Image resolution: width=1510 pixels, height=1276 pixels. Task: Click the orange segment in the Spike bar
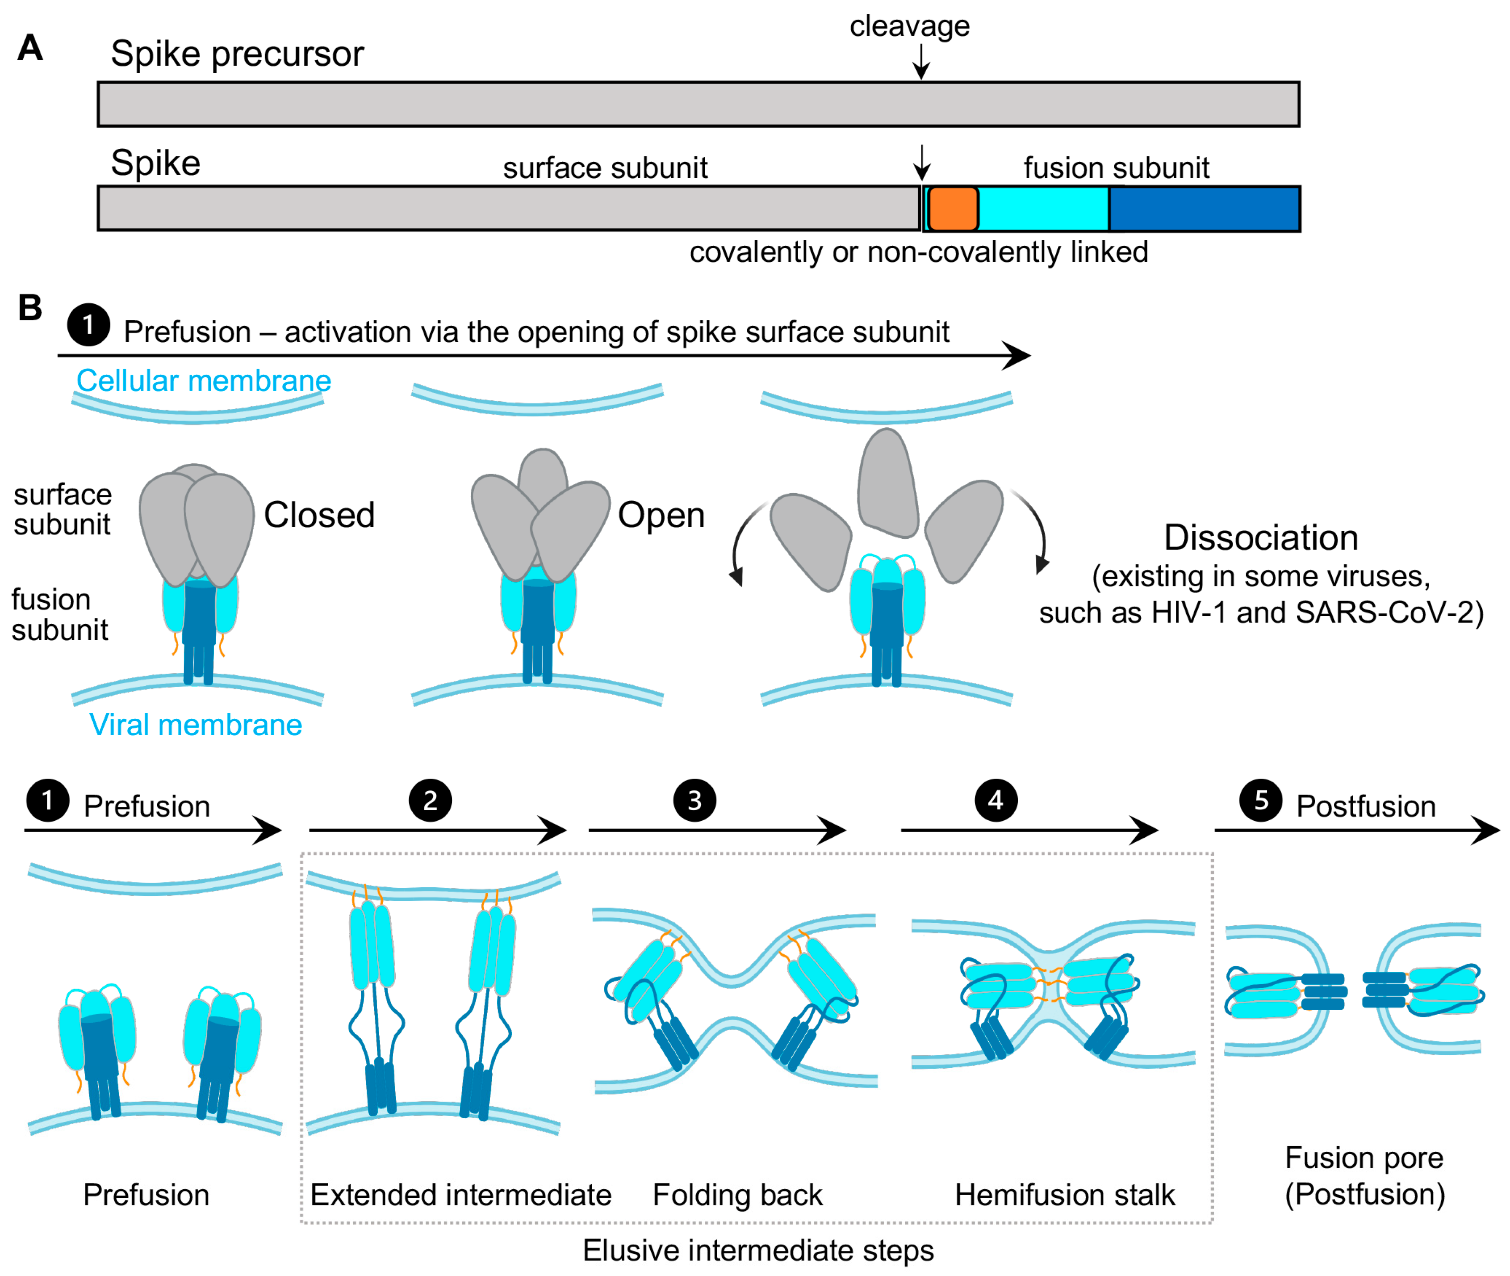click(x=953, y=208)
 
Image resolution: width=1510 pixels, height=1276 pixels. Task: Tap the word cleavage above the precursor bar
click(x=909, y=27)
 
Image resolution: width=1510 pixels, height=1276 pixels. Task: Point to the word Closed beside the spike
click(x=319, y=515)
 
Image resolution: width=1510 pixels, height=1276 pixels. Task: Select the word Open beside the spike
click(x=661, y=515)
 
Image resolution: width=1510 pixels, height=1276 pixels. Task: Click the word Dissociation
click(x=1260, y=537)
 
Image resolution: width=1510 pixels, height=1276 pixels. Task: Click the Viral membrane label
click(x=195, y=725)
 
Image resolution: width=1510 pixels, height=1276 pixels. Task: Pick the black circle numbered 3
click(x=694, y=800)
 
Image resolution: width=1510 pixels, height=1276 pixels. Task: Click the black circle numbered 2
click(x=430, y=800)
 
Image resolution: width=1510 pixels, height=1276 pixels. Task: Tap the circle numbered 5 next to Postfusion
click(x=1260, y=800)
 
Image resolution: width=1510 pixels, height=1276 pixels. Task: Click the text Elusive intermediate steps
click(x=758, y=1251)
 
